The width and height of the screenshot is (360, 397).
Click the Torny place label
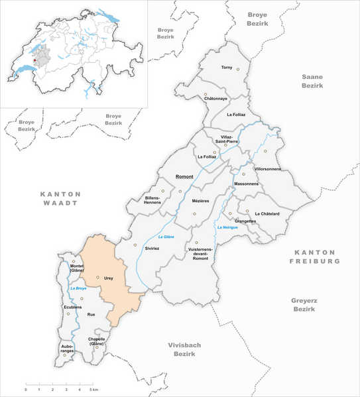(x=227, y=68)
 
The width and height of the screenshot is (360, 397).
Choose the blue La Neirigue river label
(x=227, y=227)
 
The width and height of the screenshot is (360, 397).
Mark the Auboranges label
(x=67, y=348)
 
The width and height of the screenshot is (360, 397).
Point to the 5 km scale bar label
(x=95, y=390)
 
